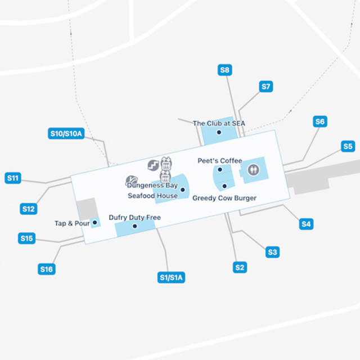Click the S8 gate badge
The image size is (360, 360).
(225, 70)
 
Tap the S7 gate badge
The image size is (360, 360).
(266, 87)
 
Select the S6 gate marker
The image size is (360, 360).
(320, 121)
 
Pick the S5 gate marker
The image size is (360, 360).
(348, 146)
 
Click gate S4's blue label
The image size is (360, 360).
(306, 224)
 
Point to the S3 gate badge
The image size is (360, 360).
(272, 252)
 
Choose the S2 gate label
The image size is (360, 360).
(240, 267)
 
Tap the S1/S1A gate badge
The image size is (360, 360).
(172, 277)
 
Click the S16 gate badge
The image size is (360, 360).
(46, 269)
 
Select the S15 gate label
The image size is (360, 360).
(26, 238)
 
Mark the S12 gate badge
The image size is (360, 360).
(29, 209)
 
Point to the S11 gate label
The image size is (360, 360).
(13, 178)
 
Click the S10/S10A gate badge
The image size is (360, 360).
(66, 134)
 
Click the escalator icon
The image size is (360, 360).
(152, 165)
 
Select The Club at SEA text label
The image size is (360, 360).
(219, 123)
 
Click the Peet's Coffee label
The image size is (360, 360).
(219, 161)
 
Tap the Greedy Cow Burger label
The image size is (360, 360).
(224, 198)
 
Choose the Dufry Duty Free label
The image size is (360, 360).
(135, 218)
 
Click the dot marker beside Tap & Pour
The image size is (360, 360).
(94, 223)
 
